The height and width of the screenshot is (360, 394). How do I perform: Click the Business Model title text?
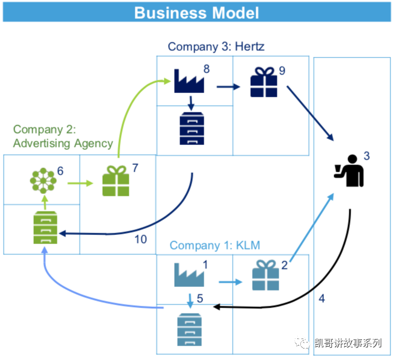[x=196, y=12]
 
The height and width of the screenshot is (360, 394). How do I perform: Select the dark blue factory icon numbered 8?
[x=188, y=81]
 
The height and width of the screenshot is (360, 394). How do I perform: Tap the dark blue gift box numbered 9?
[x=263, y=83]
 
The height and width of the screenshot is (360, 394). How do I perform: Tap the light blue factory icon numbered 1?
[x=189, y=275]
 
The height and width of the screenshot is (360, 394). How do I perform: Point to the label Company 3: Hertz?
[x=216, y=47]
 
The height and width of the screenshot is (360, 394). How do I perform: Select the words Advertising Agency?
[x=63, y=143]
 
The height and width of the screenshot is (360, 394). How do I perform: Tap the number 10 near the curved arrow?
[x=140, y=239]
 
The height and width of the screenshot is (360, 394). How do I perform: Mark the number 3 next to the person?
[x=366, y=156]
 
